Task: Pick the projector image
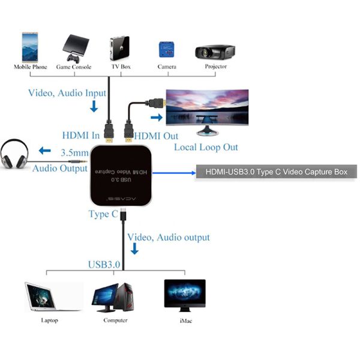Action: point(214,50)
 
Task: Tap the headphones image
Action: point(15,154)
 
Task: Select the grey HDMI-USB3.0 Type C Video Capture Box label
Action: point(277,172)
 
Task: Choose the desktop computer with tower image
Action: point(113,297)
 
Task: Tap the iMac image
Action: point(185,295)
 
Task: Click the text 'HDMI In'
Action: point(80,136)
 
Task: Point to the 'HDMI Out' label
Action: point(157,136)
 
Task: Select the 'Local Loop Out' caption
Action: point(206,148)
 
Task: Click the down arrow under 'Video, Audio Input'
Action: point(93,107)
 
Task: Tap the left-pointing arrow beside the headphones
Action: point(46,150)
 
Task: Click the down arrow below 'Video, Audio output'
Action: point(134,248)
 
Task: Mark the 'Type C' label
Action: point(103,214)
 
